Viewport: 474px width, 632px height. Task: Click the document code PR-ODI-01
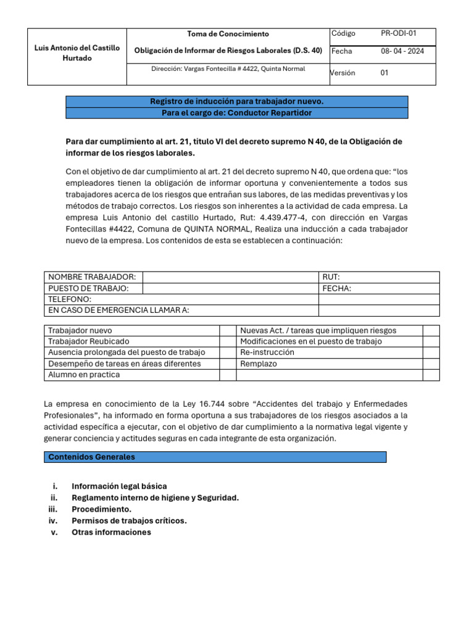[x=399, y=33]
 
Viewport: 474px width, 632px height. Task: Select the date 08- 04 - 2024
[x=402, y=51]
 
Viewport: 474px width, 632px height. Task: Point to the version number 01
[x=385, y=73]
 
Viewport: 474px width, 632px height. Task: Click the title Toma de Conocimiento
[x=228, y=34]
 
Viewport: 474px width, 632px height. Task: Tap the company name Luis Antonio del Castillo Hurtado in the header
[x=77, y=52]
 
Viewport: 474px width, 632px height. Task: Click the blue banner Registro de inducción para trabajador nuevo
[x=236, y=101]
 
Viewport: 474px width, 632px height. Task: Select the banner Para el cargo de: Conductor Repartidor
[x=236, y=113]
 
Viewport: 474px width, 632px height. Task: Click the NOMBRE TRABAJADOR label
[x=92, y=277]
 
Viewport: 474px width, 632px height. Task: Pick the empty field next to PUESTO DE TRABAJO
[x=230, y=288]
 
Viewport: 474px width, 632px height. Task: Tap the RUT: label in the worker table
[x=331, y=277]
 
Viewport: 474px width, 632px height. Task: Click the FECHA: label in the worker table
[x=336, y=288]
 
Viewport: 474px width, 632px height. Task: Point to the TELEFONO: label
[x=70, y=299]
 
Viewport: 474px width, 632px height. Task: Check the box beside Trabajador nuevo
[x=228, y=331]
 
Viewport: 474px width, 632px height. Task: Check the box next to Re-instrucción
[x=431, y=352]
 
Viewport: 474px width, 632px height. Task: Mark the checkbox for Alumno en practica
[x=228, y=375]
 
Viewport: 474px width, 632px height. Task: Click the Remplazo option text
[x=259, y=364]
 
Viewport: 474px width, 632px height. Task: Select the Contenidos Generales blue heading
[x=215, y=457]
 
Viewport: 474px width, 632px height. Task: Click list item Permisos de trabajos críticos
[x=129, y=520]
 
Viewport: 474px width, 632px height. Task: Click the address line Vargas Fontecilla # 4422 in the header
[x=228, y=69]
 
